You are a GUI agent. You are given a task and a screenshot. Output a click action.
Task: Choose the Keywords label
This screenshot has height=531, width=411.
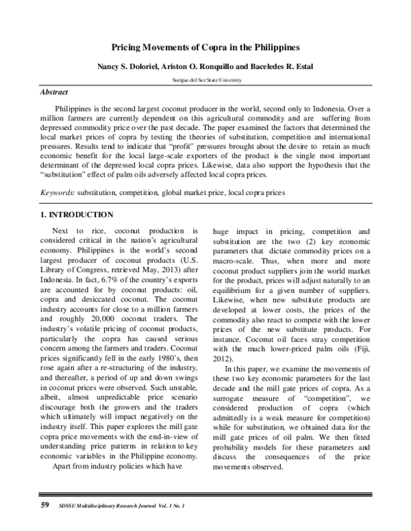(59, 193)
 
